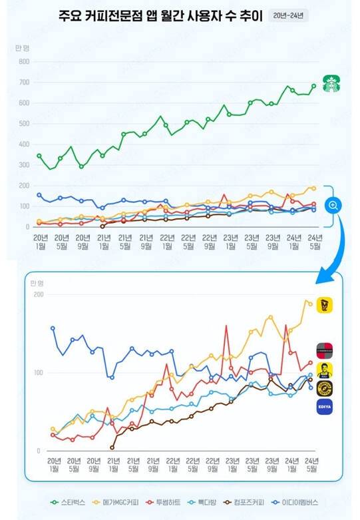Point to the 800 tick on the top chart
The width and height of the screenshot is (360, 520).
coord(24,62)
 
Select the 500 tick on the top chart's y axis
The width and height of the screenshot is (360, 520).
coord(24,124)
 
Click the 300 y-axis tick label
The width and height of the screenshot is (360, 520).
coord(24,165)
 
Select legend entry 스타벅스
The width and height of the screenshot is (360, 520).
coord(70,502)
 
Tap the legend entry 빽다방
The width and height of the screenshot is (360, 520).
coord(212,502)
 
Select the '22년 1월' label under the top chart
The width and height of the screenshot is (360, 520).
coord(166,242)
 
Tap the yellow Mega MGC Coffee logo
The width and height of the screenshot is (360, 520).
coord(325,305)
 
